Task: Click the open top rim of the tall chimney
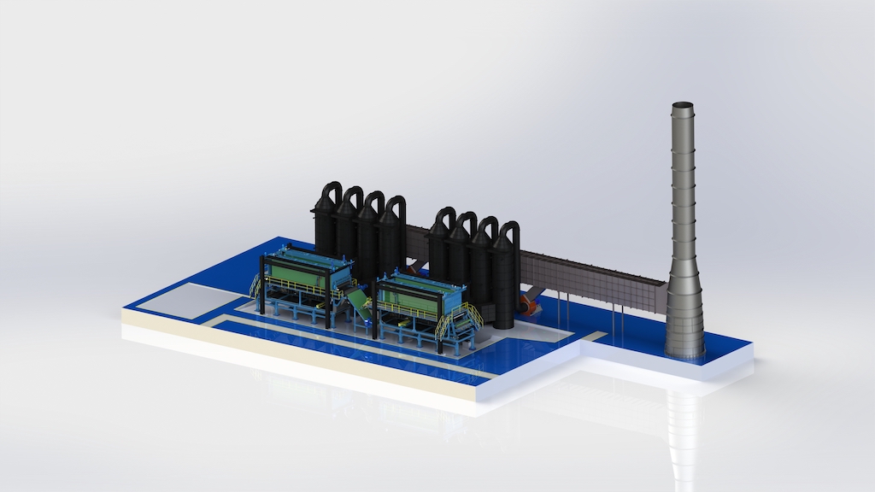point(683,106)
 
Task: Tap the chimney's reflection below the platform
point(684,419)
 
